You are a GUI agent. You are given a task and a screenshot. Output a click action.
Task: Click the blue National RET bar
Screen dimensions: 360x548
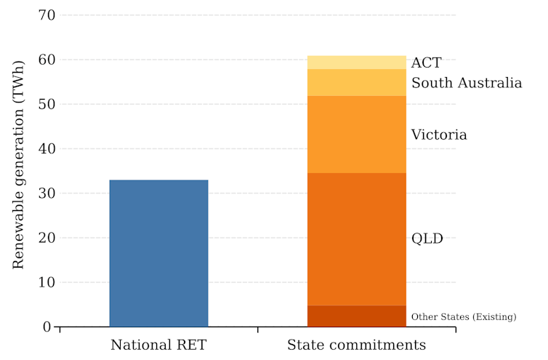pos(158,253)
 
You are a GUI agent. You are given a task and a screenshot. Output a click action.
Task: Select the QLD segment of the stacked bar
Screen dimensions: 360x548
pos(357,239)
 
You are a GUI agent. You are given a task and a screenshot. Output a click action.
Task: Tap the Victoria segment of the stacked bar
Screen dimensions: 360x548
pos(357,135)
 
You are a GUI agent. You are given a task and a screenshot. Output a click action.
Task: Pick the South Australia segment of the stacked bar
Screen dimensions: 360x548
pos(357,82)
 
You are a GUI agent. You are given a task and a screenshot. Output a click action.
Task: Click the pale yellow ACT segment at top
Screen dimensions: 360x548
pos(357,63)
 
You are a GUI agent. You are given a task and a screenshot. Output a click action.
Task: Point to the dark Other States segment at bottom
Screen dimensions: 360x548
pos(357,316)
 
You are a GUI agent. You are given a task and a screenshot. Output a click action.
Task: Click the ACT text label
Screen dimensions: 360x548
pos(426,63)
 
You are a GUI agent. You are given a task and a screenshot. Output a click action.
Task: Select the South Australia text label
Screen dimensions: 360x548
pos(467,83)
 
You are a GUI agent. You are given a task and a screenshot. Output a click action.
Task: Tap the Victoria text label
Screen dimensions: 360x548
pos(439,135)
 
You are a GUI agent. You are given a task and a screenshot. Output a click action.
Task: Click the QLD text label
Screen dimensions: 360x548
pos(427,239)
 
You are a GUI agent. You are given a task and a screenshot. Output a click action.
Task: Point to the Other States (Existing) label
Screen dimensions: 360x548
pos(464,316)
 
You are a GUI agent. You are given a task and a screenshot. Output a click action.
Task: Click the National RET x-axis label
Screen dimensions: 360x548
pos(158,344)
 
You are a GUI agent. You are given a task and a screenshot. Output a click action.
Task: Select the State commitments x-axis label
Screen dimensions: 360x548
pos(357,344)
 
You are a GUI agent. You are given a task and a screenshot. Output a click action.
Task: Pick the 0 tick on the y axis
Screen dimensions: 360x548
pos(47,327)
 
